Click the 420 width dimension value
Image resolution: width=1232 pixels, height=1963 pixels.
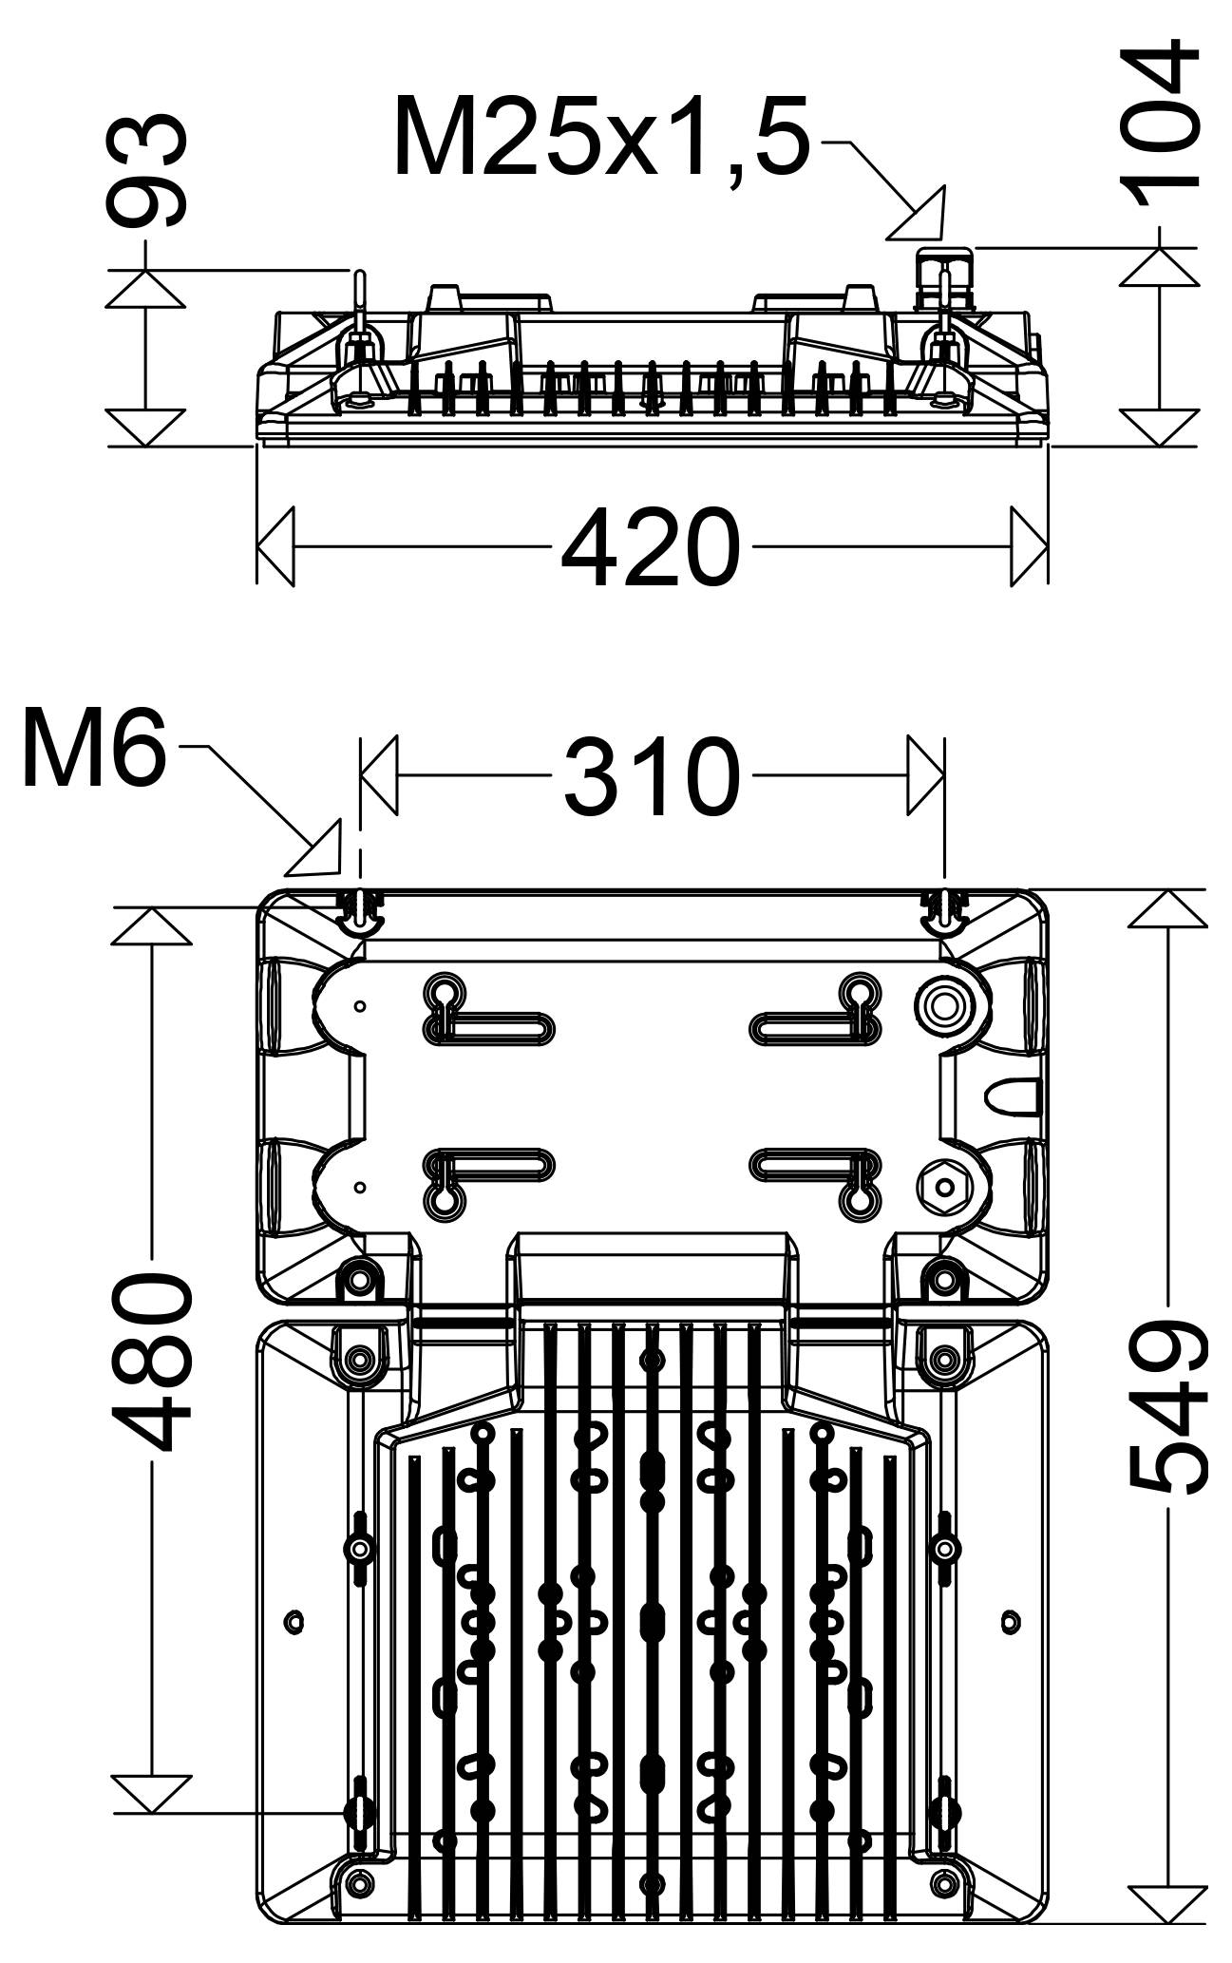(x=650, y=547)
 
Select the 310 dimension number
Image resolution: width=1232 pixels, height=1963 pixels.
(x=652, y=776)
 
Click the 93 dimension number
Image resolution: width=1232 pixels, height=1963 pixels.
(x=145, y=171)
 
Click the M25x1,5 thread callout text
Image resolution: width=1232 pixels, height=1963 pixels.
(x=602, y=137)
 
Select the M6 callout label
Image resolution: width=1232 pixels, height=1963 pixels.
(x=93, y=749)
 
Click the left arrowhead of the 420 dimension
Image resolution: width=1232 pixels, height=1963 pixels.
(x=275, y=547)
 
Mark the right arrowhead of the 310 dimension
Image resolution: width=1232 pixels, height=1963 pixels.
(x=925, y=775)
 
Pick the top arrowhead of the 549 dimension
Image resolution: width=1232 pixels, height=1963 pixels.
(x=1167, y=908)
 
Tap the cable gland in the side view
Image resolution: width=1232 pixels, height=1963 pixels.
(x=944, y=279)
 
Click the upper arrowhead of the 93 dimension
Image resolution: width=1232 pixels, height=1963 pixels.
(x=144, y=289)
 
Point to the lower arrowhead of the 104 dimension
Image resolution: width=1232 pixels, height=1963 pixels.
(x=1160, y=427)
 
